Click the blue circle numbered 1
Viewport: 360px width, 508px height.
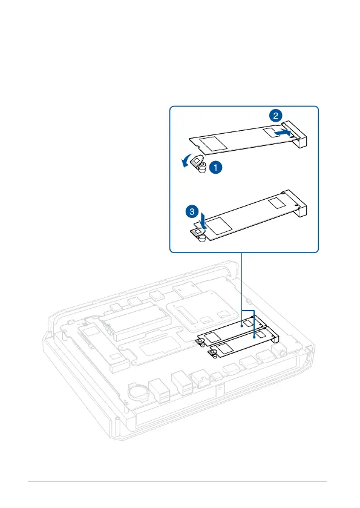[x=215, y=168]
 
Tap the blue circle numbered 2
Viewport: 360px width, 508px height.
[x=275, y=116]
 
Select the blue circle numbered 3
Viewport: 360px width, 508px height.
[x=192, y=212]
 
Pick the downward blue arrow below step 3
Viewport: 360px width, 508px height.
[x=203, y=220]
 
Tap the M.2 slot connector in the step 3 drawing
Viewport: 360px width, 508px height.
[x=295, y=203]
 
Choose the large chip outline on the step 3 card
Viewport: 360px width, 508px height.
[x=219, y=225]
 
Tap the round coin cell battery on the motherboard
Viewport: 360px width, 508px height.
[x=138, y=392]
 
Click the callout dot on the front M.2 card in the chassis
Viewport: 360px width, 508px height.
[x=255, y=337]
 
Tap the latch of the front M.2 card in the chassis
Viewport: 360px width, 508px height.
[x=213, y=352]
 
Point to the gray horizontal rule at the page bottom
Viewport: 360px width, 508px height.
[x=177, y=481]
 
